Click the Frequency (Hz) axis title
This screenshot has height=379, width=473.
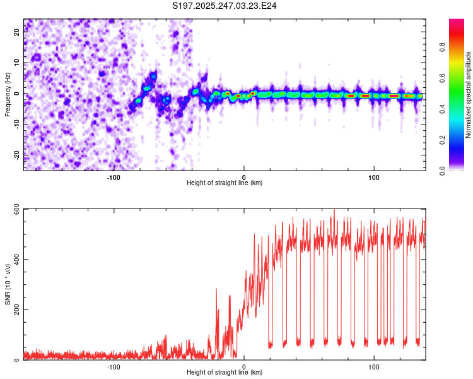8,93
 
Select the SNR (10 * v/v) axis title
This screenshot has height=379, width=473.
8,284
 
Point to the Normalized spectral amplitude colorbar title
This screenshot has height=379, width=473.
469,95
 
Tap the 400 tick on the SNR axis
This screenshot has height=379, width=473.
15,259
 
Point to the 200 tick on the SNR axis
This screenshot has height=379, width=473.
15,310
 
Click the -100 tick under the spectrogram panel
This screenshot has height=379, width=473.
114,177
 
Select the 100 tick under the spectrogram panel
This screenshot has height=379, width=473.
374,177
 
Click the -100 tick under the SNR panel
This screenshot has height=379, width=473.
114,366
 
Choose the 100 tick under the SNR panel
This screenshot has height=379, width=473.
374,366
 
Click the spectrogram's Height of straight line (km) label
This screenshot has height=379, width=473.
225,183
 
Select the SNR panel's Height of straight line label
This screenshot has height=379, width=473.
225,373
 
